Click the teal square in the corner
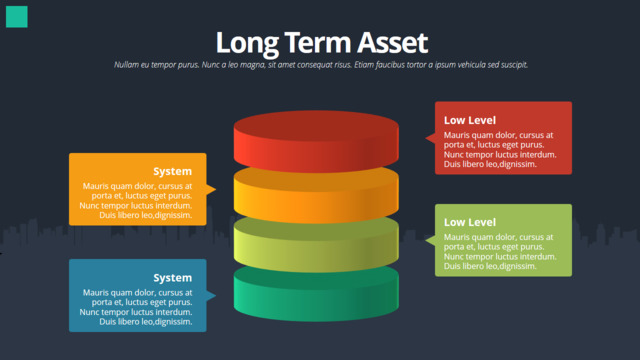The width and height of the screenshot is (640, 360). click(x=17, y=17)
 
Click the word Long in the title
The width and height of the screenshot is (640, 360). click(x=247, y=43)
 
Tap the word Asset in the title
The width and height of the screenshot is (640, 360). click(x=393, y=42)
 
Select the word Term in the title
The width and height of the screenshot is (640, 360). click(x=318, y=42)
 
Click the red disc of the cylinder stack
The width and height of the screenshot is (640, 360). click(x=316, y=141)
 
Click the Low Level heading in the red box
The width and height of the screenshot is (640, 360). click(x=470, y=120)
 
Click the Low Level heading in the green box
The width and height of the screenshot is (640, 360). click(x=470, y=222)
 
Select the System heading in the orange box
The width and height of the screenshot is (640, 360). click(x=173, y=171)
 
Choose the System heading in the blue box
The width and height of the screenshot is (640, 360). click(x=173, y=278)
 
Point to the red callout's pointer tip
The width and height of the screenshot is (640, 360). click(x=426, y=138)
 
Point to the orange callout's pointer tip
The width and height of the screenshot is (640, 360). click(x=216, y=189)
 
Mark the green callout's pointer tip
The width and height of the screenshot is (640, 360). click(x=426, y=240)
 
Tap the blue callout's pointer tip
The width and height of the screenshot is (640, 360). click(x=216, y=296)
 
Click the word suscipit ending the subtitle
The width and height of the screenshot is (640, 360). click(x=514, y=64)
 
